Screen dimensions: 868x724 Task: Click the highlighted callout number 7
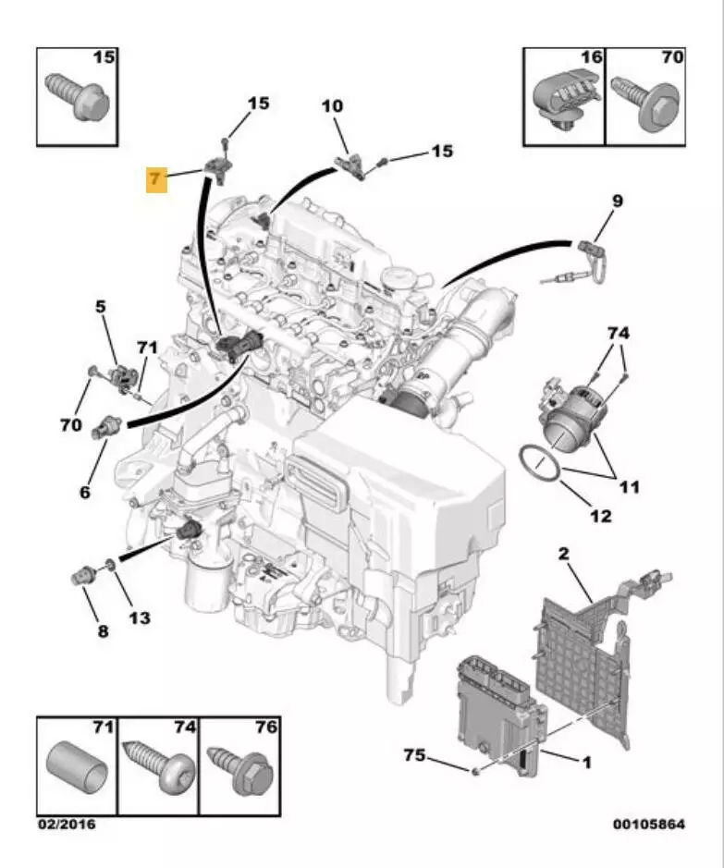coord(155,178)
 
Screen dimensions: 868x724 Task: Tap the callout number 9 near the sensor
coord(616,201)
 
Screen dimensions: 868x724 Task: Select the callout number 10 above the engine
coord(331,107)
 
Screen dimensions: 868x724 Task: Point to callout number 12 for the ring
coord(600,516)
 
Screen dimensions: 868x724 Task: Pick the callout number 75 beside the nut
coord(414,755)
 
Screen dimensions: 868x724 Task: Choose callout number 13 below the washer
coord(139,617)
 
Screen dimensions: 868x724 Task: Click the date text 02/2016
coord(66,823)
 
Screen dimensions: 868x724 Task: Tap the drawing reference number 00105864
coord(648,823)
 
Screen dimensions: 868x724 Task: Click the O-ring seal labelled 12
coord(541,463)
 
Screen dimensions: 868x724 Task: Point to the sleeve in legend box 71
coord(77,766)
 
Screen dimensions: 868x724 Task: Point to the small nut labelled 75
coord(474,769)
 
